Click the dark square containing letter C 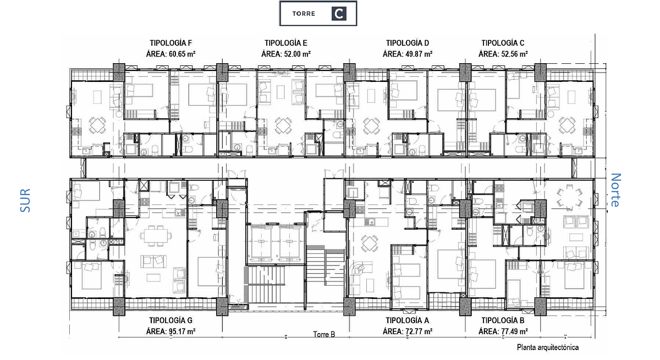click(339, 14)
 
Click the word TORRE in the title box click(304, 14)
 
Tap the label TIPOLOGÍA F click(170, 43)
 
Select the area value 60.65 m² click(182, 54)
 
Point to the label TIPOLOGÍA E click(286, 43)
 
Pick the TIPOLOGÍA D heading click(408, 43)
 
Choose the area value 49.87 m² click(419, 54)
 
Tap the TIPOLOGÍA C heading click(503, 43)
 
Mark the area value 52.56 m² click(514, 54)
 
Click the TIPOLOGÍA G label click(170, 320)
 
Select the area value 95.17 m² click(182, 331)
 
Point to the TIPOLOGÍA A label click(408, 320)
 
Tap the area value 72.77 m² click(419, 331)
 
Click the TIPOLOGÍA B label click(503, 320)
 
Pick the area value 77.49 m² click(514, 331)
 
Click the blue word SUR click(25, 201)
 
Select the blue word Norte click(615, 190)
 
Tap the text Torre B click(324, 334)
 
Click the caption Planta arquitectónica click(548, 348)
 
